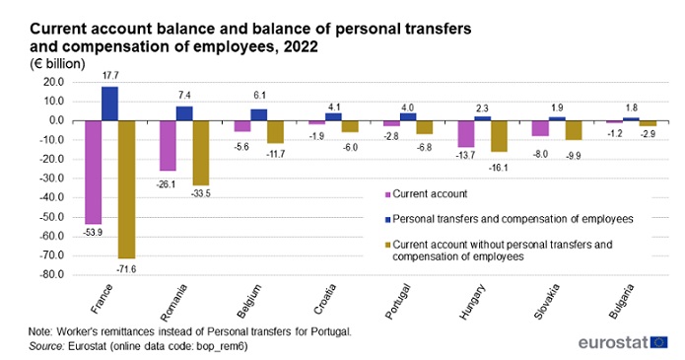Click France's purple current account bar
point(93,173)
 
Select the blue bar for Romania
point(184,113)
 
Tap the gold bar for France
point(127,189)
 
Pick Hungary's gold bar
point(499,136)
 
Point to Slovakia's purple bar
point(540,128)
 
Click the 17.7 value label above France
point(110,76)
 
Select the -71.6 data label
point(126,269)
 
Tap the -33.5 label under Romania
point(200,193)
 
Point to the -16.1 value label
point(499,168)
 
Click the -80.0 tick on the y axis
point(51,275)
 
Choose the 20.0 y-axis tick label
point(54,82)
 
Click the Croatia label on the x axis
point(325,299)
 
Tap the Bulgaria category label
point(621,301)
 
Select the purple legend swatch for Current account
point(387,194)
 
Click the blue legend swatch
point(387,220)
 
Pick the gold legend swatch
point(387,246)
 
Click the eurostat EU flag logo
point(658,342)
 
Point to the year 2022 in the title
point(301,46)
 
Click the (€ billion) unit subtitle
point(57,64)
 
